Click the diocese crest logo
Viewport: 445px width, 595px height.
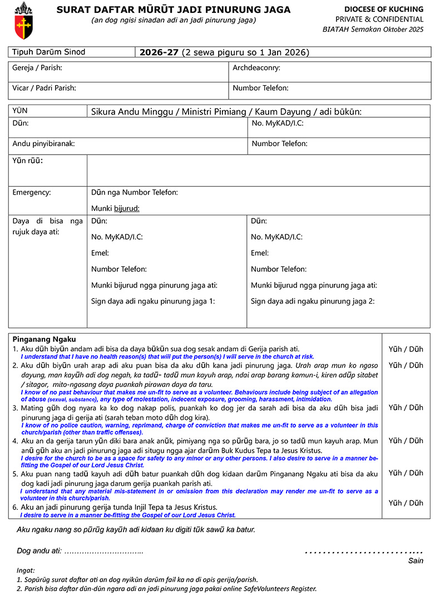23,19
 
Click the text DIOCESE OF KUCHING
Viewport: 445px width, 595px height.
383,9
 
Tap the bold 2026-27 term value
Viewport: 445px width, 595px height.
159,53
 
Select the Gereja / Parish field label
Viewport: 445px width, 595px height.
37,68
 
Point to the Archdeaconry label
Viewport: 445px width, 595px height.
256,68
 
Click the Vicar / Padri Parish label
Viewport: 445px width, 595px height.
44,88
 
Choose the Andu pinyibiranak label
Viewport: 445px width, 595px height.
43,143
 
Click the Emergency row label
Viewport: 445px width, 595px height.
32,193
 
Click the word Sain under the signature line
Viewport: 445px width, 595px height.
416,561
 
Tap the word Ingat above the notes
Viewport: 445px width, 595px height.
26,570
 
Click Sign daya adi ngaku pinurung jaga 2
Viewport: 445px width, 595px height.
313,302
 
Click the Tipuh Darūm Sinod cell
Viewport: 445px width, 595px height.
49,52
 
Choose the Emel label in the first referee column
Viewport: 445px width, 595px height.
100,253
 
